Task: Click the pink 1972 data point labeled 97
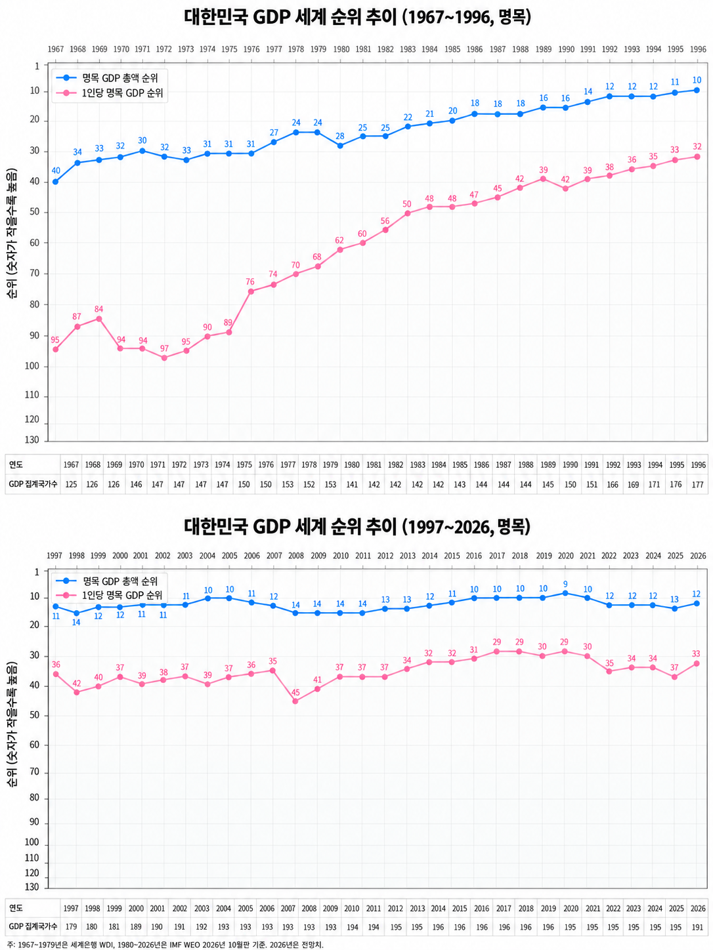[x=164, y=358]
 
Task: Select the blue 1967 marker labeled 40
[x=55, y=182]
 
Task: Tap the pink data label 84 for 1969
[x=98, y=309]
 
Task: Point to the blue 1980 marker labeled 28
[x=340, y=146]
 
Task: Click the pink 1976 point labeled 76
[x=251, y=291]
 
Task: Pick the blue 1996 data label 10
[x=697, y=80]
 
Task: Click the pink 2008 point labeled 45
[x=295, y=701]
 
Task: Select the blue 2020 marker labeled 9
[x=565, y=593]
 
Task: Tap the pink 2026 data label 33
[x=696, y=653]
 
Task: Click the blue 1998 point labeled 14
[x=76, y=613]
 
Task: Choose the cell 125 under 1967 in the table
[x=71, y=484]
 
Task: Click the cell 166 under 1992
[x=613, y=484]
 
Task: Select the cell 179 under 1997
[x=71, y=926]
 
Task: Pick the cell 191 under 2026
[x=697, y=926]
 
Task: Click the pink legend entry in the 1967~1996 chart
[x=110, y=93]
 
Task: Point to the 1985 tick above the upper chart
[x=452, y=49]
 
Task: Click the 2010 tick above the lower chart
[x=341, y=556]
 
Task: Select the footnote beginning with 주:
[x=165, y=944]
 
